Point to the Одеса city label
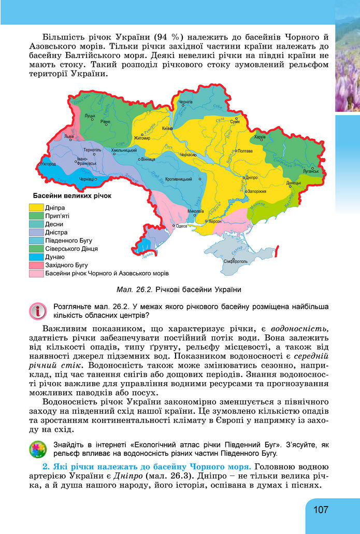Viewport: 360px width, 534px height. (x=181, y=226)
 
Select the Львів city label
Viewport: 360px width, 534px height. (x=68, y=137)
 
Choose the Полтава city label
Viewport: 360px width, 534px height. (x=244, y=151)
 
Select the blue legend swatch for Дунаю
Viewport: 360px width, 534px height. (x=36, y=257)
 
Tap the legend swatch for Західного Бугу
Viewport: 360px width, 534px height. (x=36, y=265)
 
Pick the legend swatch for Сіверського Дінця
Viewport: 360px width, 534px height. (x=36, y=248)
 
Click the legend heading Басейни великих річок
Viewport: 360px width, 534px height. (x=72, y=196)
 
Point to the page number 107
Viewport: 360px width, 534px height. (x=321, y=510)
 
